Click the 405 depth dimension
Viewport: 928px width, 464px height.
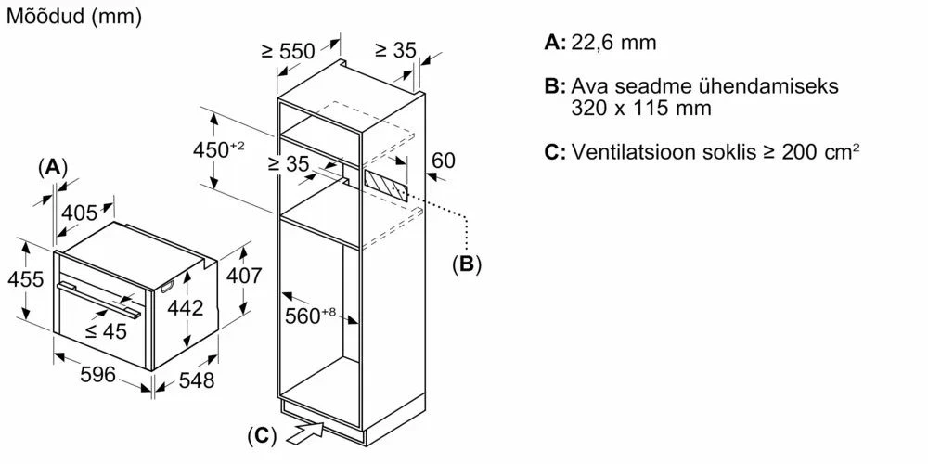pos(79,213)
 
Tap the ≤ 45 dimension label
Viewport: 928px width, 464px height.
pos(104,331)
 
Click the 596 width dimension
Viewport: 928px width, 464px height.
pos(97,375)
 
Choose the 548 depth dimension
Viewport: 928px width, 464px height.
pos(194,380)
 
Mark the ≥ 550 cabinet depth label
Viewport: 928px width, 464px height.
pos(289,52)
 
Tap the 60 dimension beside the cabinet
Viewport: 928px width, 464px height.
pos(444,161)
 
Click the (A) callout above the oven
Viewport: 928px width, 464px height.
pos(52,167)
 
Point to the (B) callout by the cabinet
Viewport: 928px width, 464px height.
pos(466,264)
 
